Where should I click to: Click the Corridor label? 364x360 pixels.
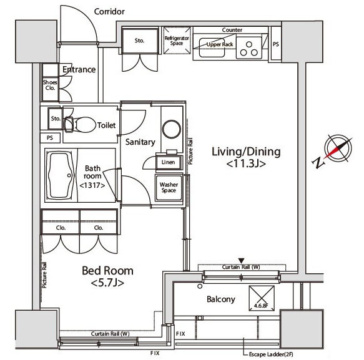pos(109,12)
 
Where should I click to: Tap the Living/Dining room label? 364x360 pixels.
pos(246,152)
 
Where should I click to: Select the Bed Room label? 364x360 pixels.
pos(108,271)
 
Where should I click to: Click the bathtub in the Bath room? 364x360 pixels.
pos(61,175)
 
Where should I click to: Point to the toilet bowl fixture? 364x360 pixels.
pos(80,125)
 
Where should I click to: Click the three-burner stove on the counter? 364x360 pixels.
pos(249,48)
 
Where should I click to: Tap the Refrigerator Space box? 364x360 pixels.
pos(177,41)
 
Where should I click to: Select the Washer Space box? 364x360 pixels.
pos(169,187)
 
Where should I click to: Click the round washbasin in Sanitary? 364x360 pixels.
pos(172,129)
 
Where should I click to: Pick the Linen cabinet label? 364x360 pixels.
pos(169,162)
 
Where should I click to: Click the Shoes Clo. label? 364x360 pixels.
pos(50,85)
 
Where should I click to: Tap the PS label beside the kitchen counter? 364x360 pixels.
pos(276,44)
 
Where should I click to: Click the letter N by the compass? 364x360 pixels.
pos(318,162)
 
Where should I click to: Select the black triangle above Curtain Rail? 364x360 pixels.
pos(242,261)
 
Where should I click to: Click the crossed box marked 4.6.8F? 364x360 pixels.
pos(262,298)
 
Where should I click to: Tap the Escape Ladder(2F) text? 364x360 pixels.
pos(271,354)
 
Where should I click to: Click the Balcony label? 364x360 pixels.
pos(221,299)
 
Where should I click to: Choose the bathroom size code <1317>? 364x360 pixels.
pos(92,185)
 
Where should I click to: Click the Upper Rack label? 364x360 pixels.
pos(220,44)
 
